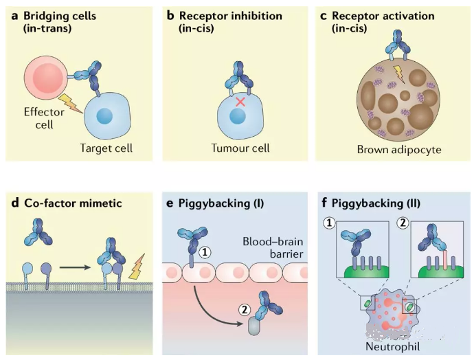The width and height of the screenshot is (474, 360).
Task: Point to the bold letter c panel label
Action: tap(325, 15)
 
